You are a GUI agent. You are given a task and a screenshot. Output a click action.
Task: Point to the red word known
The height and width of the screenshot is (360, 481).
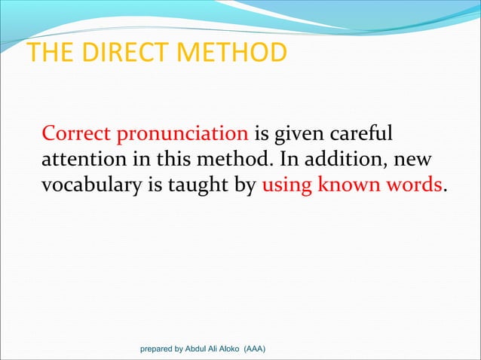[350, 185]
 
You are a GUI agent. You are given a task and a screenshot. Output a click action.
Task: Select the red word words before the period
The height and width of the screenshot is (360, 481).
[412, 185]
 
